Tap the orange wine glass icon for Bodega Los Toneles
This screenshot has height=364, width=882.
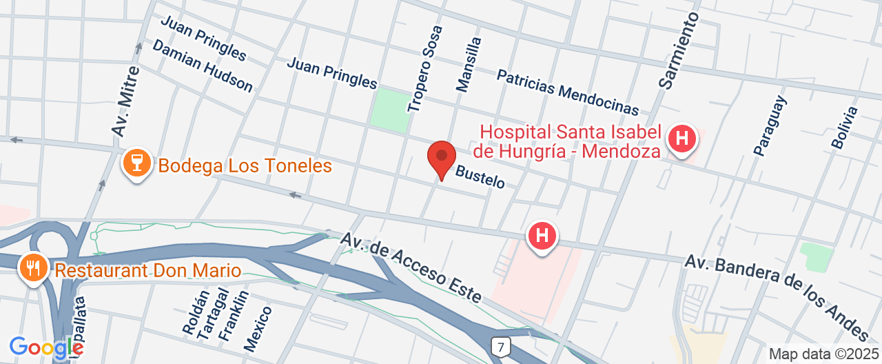click(x=136, y=165)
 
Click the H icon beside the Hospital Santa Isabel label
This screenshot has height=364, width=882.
click(x=682, y=139)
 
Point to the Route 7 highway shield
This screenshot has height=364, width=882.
click(x=500, y=345)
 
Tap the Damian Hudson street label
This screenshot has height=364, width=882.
click(x=203, y=65)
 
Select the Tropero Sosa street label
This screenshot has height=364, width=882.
click(x=424, y=69)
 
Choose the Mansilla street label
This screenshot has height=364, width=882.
click(x=469, y=64)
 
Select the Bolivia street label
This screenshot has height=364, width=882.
click(x=845, y=128)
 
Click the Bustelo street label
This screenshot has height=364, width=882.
click(x=480, y=176)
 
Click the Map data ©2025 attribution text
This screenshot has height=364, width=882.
click(x=823, y=354)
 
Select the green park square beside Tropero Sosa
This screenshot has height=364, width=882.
click(x=389, y=110)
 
